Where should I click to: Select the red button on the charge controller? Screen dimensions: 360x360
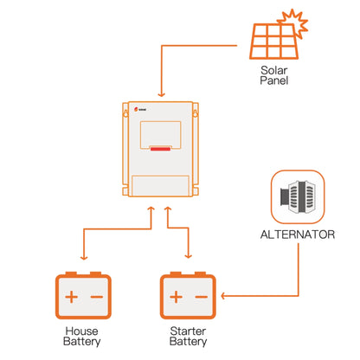point(161,150)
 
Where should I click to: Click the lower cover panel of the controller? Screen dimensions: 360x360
point(161,186)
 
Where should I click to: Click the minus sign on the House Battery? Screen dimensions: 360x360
point(96,298)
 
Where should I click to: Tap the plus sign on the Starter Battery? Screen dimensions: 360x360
point(175,298)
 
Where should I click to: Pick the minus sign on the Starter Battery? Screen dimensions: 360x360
point(200,298)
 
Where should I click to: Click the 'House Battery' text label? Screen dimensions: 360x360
point(83,336)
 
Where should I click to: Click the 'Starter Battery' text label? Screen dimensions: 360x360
point(187,336)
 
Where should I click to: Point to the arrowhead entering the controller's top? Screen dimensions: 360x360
point(161,94)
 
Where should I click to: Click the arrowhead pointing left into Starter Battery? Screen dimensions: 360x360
point(224,297)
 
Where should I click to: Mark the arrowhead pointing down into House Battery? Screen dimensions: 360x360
point(83,258)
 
